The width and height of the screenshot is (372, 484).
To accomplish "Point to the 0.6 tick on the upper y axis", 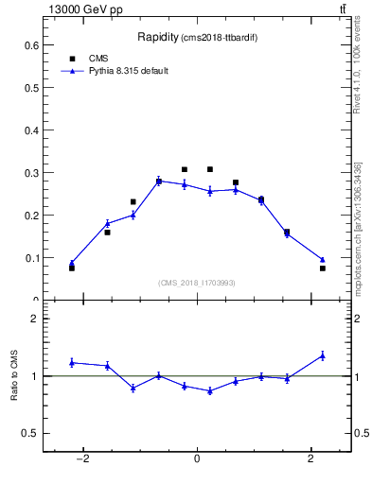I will coord(31,45).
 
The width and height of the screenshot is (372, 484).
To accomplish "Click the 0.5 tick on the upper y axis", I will coord(31,88).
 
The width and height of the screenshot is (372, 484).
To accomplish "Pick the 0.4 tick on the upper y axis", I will coord(31,130).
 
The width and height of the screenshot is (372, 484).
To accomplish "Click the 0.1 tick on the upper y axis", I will coord(31,257).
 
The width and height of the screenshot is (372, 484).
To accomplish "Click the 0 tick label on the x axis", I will coord(197,460).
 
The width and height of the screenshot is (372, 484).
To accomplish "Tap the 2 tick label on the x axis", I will coord(311,460).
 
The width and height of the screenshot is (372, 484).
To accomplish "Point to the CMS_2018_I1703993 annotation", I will coord(197,282).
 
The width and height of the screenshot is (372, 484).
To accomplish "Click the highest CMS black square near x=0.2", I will coord(210,169).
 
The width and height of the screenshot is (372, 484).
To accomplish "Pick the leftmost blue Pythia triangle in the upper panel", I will coord(72,263).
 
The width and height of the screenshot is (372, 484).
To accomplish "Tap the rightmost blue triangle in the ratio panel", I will coord(323,355).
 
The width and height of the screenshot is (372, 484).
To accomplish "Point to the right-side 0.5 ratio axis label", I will coord(362,433).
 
